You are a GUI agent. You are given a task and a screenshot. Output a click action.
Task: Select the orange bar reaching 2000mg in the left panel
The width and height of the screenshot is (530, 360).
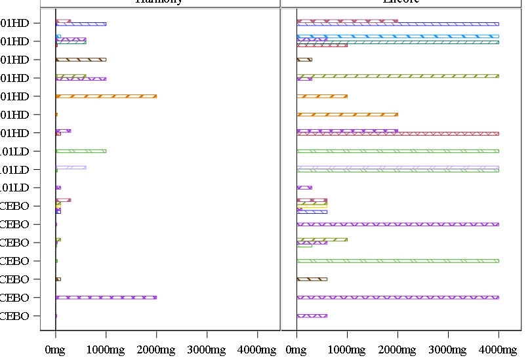pyautogui.click(x=106, y=96)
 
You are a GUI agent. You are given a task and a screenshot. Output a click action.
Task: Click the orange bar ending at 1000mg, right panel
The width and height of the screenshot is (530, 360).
pyautogui.click(x=321, y=96)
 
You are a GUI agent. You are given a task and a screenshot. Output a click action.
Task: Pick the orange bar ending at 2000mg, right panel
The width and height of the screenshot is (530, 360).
pyautogui.click(x=347, y=115)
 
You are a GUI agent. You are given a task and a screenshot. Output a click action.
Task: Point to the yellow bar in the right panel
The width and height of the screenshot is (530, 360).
pyautogui.click(x=312, y=205)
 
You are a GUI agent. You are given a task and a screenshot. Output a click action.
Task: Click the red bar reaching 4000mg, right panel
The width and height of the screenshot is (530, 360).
pyautogui.click(x=397, y=134)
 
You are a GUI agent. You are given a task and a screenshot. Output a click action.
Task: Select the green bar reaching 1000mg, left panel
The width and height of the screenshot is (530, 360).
pyautogui.click(x=81, y=151)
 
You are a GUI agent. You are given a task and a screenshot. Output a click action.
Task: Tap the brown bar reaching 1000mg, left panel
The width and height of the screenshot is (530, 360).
pyautogui.click(x=81, y=60)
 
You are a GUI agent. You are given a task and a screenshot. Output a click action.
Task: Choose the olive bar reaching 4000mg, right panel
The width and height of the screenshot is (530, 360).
pyautogui.click(x=397, y=76)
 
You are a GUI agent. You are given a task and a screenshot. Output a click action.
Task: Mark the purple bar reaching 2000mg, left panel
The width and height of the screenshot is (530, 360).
pyautogui.click(x=106, y=298)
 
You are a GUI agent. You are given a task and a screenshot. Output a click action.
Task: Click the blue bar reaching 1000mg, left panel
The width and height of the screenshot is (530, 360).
pyautogui.click(x=81, y=24)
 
